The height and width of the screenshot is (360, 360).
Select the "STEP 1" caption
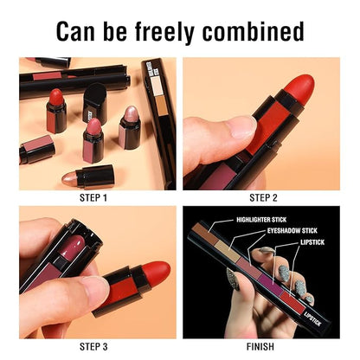(93, 198)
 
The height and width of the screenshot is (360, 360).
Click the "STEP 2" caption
(263, 198)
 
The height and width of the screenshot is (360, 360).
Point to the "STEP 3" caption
(93, 346)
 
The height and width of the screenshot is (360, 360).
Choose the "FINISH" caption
(260, 346)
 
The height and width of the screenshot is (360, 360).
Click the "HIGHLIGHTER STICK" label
(261, 220)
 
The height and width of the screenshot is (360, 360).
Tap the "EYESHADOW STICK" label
(292, 231)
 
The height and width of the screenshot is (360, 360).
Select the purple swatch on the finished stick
(271, 283)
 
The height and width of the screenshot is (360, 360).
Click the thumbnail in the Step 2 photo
(244, 127)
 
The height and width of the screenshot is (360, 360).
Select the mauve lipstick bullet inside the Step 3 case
(72, 245)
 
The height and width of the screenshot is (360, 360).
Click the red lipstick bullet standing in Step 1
(56, 97)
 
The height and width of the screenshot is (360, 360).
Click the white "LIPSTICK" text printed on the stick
(312, 318)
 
